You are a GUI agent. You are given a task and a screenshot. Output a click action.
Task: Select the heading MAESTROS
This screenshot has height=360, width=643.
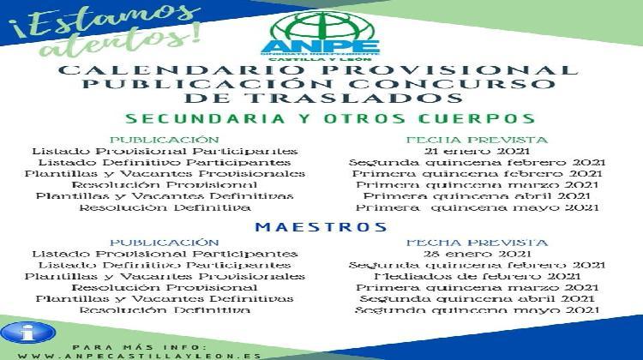click(x=321, y=227)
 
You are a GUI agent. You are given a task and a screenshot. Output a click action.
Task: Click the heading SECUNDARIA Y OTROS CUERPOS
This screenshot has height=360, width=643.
click(x=330, y=118)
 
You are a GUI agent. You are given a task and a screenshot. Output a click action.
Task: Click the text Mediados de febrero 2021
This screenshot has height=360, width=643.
click(x=477, y=276)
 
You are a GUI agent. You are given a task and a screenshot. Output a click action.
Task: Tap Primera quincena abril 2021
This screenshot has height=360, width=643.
click(x=477, y=195)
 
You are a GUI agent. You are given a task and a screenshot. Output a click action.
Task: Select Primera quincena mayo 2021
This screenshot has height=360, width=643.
click(x=477, y=207)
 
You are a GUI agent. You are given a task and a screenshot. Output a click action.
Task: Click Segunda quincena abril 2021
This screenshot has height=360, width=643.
click(x=477, y=298)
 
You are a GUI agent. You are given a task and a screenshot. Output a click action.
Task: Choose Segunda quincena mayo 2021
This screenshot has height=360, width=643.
click(x=477, y=309)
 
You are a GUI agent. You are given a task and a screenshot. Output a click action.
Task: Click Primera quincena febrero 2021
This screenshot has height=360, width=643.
click(x=477, y=173)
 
